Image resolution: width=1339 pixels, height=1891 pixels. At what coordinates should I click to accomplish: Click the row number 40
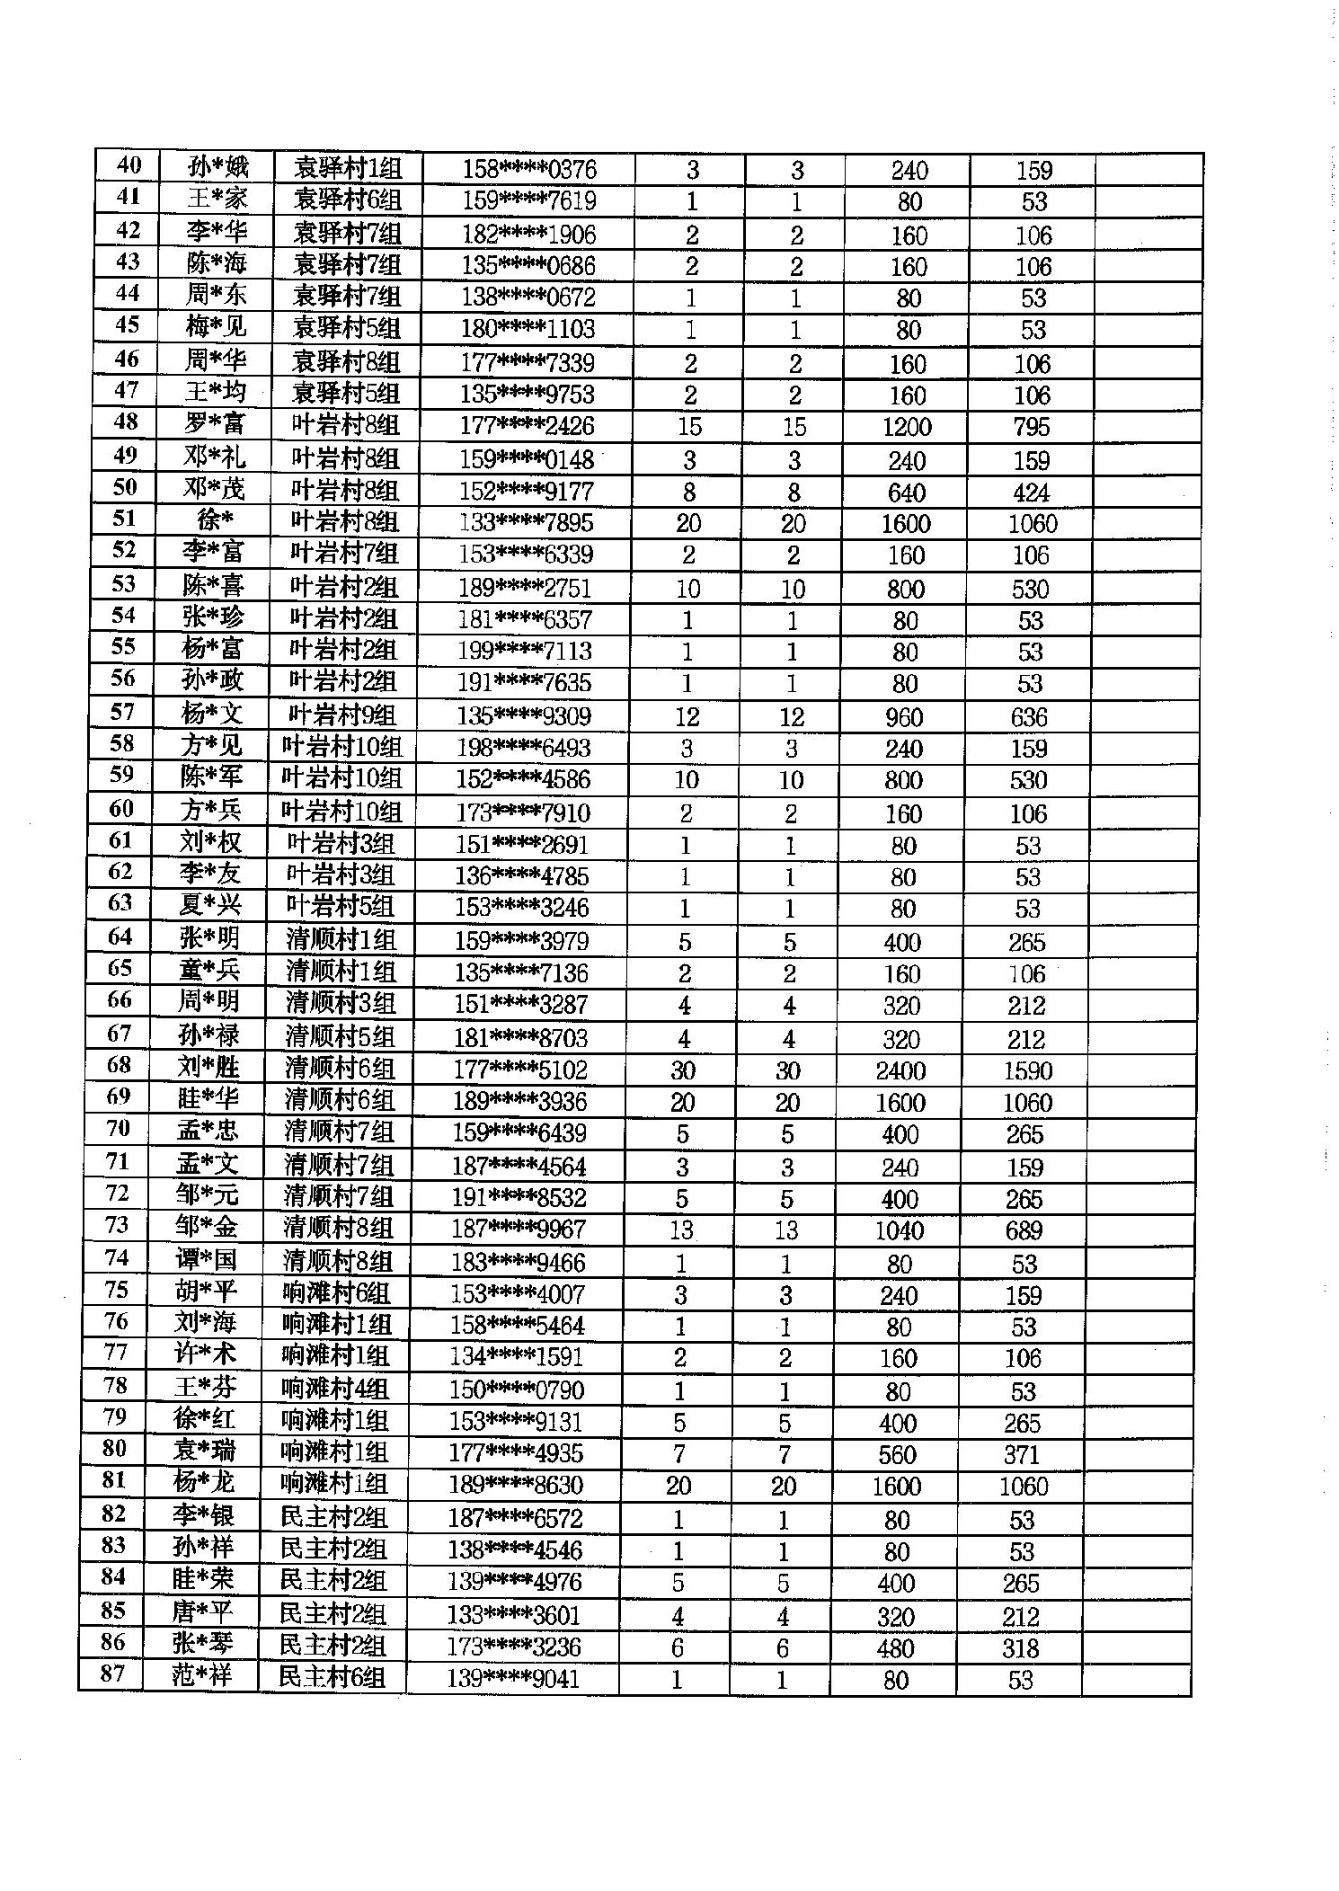click(129, 166)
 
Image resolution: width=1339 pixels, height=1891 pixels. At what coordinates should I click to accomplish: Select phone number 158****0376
click(528, 169)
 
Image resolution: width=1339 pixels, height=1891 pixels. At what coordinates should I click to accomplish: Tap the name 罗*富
click(214, 424)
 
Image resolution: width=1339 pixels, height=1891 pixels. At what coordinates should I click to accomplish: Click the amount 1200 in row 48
click(906, 427)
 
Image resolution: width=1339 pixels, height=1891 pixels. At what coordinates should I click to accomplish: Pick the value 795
click(1031, 427)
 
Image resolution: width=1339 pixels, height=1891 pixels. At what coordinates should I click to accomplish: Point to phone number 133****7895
click(526, 523)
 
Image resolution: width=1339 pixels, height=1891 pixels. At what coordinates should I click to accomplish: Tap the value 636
click(1029, 717)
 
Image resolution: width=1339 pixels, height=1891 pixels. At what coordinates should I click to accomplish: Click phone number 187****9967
click(519, 1230)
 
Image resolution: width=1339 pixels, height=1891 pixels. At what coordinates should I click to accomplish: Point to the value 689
click(1024, 1230)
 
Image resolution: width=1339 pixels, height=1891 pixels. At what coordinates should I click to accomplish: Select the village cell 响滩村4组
click(334, 1389)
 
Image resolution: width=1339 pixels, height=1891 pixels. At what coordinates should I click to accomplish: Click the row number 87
click(113, 1675)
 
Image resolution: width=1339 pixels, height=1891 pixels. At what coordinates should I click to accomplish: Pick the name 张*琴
click(203, 1645)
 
